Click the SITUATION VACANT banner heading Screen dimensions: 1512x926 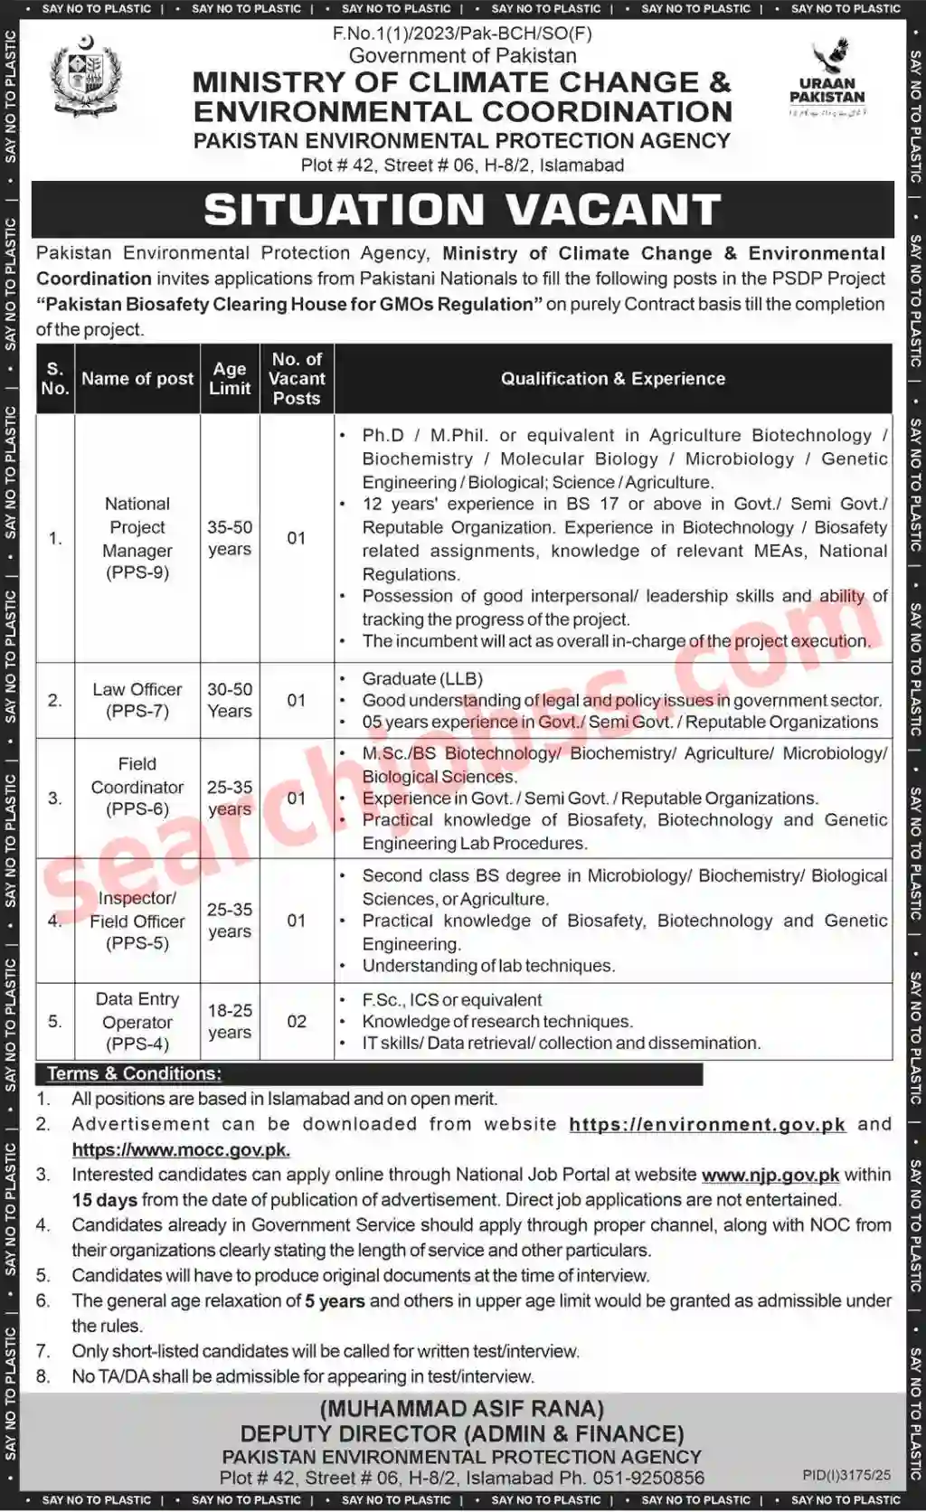coord(462,210)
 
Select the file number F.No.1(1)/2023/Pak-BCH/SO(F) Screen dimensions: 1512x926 coord(462,33)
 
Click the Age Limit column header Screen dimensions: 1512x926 coord(230,379)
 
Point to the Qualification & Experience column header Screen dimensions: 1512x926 coord(613,379)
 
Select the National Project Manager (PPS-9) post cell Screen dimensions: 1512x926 coord(137,538)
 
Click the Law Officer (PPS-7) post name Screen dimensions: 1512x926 coord(137,700)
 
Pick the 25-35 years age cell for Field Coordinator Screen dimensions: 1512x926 coord(230,798)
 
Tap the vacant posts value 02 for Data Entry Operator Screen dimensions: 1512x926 coord(297,1021)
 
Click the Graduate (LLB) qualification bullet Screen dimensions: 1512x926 coord(422,678)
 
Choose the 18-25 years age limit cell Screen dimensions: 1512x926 coord(230,1021)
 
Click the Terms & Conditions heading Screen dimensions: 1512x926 coord(134,1073)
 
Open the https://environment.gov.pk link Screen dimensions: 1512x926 coord(706,1124)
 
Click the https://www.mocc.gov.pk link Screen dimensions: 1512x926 coord(181,1149)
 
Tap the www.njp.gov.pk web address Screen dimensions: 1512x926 coord(770,1175)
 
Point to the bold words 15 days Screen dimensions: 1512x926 coord(105,1200)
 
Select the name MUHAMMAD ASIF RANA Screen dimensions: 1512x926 coord(462,1409)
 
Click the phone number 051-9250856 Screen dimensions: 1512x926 coord(647,1478)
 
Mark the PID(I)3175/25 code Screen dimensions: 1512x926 coord(846,1475)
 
